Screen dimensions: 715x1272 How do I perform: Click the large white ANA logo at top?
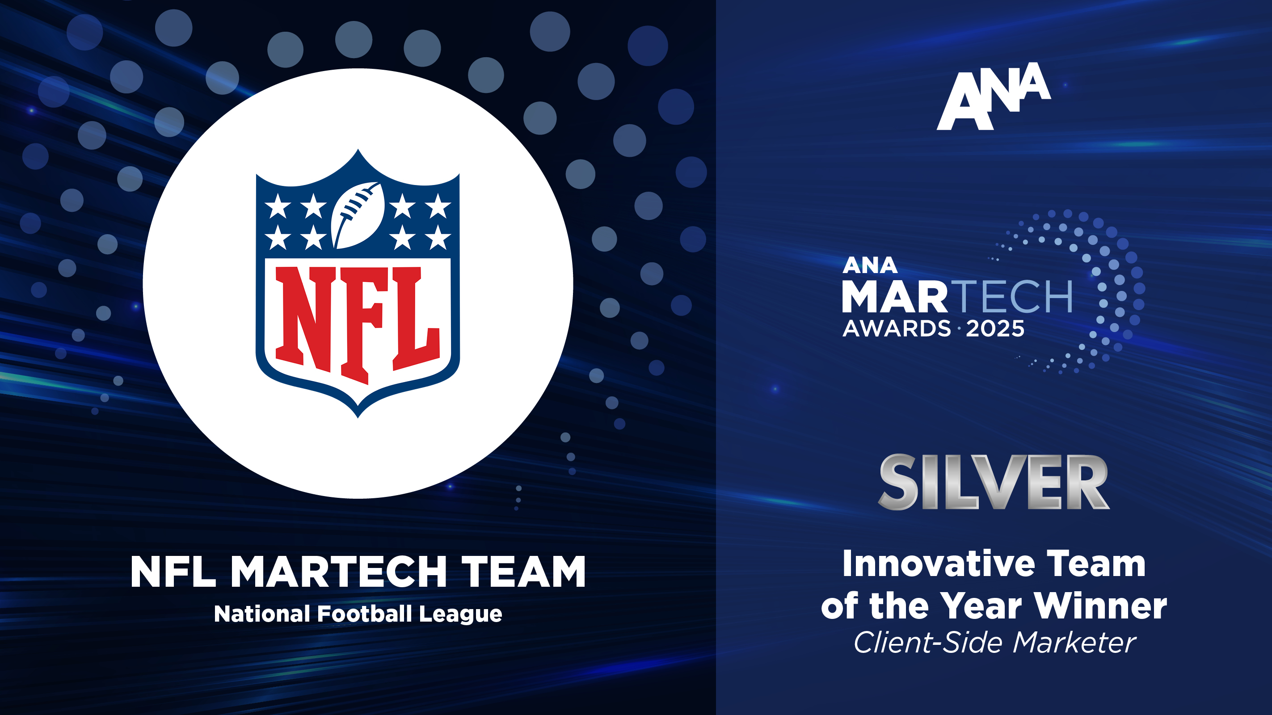[x=994, y=97]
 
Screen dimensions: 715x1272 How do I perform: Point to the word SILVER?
[x=994, y=483]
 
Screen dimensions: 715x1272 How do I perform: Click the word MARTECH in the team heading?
[x=339, y=572]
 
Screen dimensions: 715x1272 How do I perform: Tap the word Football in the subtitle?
[x=364, y=614]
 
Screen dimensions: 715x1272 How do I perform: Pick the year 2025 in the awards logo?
[x=995, y=329]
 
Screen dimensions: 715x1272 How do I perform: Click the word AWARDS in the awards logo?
[x=896, y=329]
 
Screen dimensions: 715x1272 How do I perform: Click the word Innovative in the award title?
[x=938, y=564]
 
